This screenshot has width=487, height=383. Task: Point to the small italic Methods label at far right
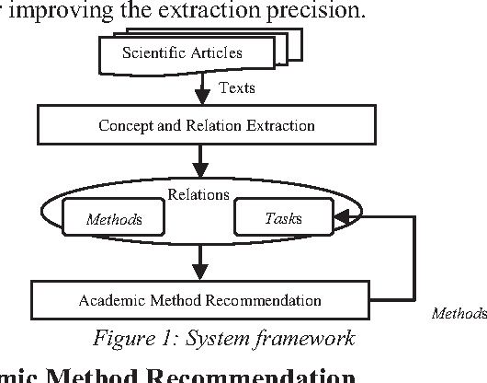459,314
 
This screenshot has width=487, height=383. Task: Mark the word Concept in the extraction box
123,124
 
